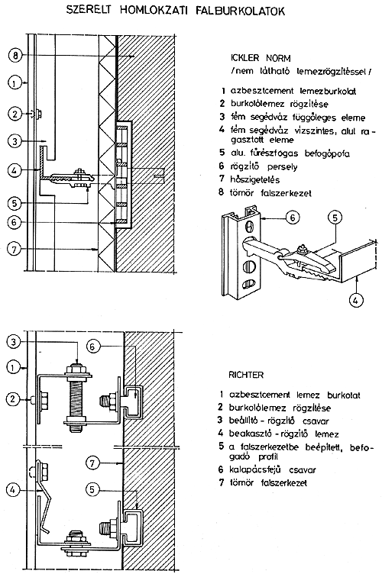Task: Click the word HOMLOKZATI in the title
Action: pos(154,10)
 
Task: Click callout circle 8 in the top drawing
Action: pos(15,56)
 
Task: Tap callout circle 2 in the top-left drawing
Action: pos(15,114)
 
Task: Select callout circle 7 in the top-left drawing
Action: pos(15,250)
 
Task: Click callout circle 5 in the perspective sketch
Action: pos(335,218)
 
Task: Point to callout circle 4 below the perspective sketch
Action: pos(355,300)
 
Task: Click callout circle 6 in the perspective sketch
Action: pos(293,218)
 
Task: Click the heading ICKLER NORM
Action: pos(261,58)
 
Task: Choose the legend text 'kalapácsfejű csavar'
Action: pos(272,469)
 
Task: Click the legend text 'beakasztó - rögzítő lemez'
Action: pos(284,434)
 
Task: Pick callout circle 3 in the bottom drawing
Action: pos(14,342)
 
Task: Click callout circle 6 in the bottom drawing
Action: pos(92,346)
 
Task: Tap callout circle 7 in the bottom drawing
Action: pos(92,463)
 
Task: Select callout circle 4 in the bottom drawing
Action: pos(13,489)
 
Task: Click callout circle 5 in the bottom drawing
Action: pos(92,489)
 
